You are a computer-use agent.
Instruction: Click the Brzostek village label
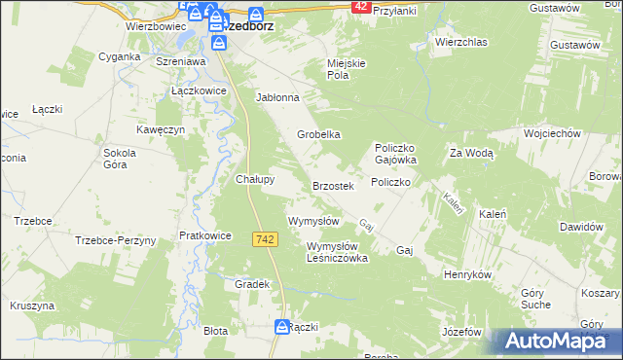tap(338, 185)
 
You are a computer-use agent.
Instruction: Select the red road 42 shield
tap(361, 6)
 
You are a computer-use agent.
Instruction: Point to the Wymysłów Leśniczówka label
tap(337, 252)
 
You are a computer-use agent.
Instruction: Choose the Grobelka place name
tap(318, 135)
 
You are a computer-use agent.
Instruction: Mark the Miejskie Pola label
tap(346, 69)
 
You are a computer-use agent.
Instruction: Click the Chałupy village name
tap(255, 179)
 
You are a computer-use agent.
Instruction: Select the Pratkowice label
tap(204, 235)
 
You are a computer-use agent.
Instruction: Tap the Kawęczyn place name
tap(161, 129)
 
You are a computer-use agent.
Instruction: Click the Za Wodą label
tap(471, 153)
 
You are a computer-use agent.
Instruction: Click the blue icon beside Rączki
tap(280, 327)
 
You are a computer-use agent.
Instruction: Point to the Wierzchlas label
tap(460, 43)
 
